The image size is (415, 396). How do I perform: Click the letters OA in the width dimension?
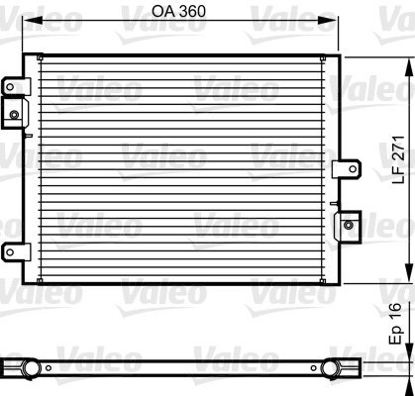pos(165,14)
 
